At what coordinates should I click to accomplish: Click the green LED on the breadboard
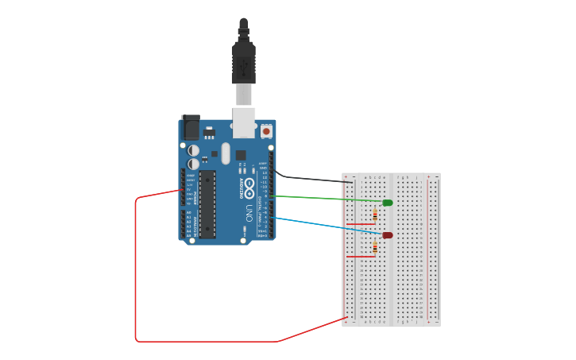(387, 203)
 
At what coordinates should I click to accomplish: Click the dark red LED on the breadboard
(387, 235)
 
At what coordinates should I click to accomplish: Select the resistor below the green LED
(374, 214)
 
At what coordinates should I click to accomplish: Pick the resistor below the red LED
(374, 247)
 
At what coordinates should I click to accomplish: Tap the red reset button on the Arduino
(266, 130)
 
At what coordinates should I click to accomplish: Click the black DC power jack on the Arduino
(191, 127)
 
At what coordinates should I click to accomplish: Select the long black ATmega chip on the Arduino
(207, 203)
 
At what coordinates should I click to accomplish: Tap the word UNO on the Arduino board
(249, 213)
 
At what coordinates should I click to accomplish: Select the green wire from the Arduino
(326, 199)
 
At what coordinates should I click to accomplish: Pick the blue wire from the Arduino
(326, 226)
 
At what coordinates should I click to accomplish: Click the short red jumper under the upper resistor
(361, 223)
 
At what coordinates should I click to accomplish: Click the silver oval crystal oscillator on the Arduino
(226, 153)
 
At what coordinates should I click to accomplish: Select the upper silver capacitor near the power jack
(193, 149)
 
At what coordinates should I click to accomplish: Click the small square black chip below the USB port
(241, 154)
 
